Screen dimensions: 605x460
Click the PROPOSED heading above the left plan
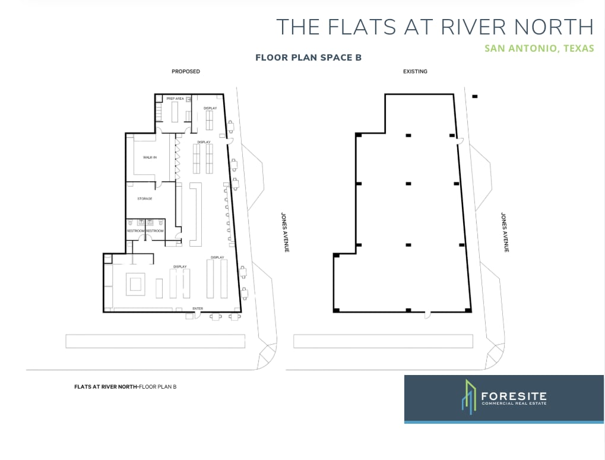[186, 71]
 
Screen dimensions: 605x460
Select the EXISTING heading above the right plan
[415, 71]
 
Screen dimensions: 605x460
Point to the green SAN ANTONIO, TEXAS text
[539, 48]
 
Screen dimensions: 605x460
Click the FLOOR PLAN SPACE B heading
[308, 58]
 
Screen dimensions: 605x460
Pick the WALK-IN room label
[150, 157]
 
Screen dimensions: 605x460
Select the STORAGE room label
[145, 199]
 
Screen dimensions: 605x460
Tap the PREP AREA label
[175, 99]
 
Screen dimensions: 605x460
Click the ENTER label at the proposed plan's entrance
[198, 308]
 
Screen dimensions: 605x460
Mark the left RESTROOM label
[136, 231]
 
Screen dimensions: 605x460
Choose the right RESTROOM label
[155, 231]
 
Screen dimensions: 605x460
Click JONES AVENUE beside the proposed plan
[285, 232]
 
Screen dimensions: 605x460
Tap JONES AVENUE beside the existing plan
[505, 232]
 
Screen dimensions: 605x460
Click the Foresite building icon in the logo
[469, 397]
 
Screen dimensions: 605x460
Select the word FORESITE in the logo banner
[514, 396]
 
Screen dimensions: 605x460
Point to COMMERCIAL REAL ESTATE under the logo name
[514, 404]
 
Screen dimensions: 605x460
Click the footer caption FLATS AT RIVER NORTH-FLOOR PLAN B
[125, 387]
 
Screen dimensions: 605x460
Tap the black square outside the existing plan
[475, 96]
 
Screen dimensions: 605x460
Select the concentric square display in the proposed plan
[135, 285]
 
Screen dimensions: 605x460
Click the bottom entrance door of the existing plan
[427, 315]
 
